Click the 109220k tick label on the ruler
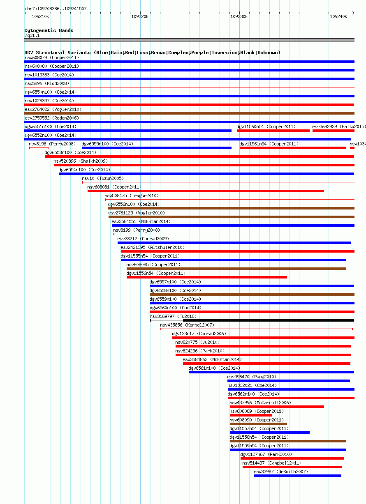[x=140, y=17]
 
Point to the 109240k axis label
[x=338, y=17]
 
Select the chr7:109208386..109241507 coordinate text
[x=56, y=9]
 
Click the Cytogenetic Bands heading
[x=49, y=30]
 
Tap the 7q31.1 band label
[x=32, y=36]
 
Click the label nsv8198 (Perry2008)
[x=52, y=144]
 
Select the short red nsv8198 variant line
[x=39, y=148]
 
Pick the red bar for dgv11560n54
[x=273, y=131]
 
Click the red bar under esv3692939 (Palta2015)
[x=334, y=131]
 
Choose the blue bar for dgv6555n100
[x=157, y=148]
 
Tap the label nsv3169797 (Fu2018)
[x=173, y=316]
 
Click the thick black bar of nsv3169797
[x=269, y=320]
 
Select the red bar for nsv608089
[x=251, y=415]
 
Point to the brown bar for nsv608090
[x=258, y=424]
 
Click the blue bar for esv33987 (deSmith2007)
[x=298, y=476]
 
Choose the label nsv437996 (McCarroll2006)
[x=260, y=403]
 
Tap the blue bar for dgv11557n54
[x=270, y=433]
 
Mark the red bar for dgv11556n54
[x=207, y=277]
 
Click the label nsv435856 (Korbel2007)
[x=187, y=325]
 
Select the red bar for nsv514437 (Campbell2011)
[x=292, y=467]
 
